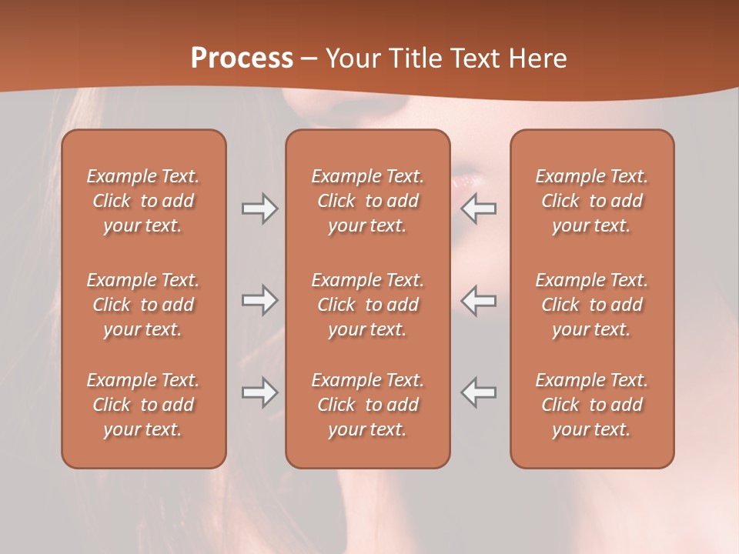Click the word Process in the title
point(242,58)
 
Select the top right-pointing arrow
point(259,209)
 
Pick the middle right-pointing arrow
point(259,299)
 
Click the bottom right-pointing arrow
point(259,392)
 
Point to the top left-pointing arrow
point(479,209)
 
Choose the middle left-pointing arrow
point(479,299)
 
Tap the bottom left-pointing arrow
point(479,392)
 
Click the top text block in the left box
point(143,201)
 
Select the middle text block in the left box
point(143,305)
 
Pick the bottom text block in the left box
point(143,405)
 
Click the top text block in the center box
point(367,201)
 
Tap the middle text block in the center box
point(367,305)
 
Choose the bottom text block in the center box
point(367,405)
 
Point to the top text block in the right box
point(592,201)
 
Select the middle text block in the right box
point(592,305)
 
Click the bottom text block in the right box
point(592,405)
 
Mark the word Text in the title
point(470,58)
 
